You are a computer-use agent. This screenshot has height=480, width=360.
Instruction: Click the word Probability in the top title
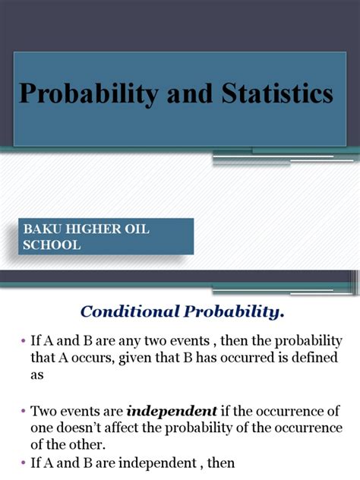[x=84, y=95]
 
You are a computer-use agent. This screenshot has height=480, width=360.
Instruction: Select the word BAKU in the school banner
[x=43, y=229]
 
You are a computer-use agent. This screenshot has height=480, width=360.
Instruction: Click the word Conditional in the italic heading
[x=125, y=311]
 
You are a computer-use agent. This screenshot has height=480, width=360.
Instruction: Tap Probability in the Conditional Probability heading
[x=226, y=311]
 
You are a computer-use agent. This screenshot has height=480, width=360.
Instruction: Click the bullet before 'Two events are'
[x=24, y=411]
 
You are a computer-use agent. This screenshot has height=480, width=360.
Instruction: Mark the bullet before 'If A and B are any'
[x=24, y=341]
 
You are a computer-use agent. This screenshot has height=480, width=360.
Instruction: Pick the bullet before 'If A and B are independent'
[x=24, y=463]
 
